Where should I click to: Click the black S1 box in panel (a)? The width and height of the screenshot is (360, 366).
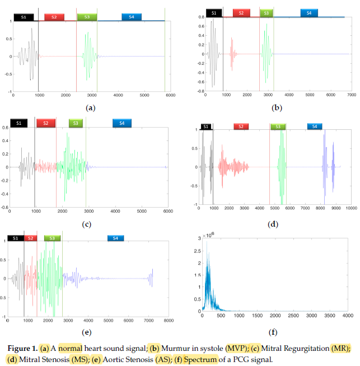click(x=24, y=17)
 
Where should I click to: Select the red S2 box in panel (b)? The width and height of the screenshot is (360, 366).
click(x=241, y=13)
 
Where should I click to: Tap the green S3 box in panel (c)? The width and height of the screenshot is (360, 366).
click(x=74, y=123)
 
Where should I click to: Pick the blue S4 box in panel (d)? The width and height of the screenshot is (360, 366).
click(x=315, y=127)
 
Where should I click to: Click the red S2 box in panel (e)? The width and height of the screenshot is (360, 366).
click(x=30, y=238)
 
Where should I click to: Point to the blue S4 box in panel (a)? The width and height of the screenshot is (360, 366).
click(x=131, y=17)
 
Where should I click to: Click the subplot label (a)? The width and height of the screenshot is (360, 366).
click(x=90, y=107)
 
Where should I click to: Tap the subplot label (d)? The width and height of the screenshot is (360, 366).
click(x=273, y=224)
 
